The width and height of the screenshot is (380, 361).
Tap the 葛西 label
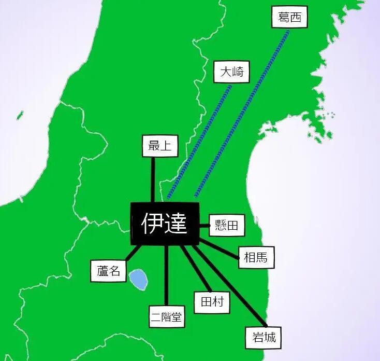click(x=289, y=18)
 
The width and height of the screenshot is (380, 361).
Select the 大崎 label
click(x=231, y=72)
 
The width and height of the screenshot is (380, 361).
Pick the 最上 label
click(x=160, y=146)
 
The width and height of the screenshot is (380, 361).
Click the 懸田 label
click(x=226, y=225)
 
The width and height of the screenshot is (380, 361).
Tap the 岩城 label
click(x=260, y=337)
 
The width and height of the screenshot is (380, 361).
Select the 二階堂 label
click(x=167, y=317)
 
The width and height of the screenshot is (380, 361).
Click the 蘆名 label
click(x=109, y=270)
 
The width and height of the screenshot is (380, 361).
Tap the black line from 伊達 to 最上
click(x=153, y=179)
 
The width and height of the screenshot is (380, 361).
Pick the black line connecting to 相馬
click(x=220, y=248)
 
